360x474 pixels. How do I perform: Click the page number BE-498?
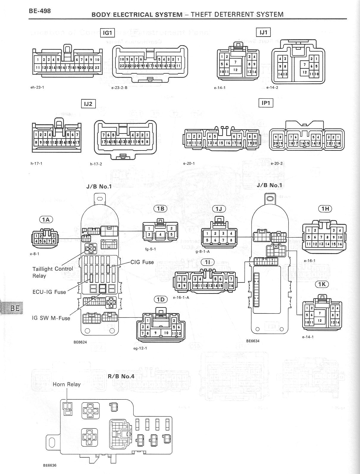click(x=40, y=11)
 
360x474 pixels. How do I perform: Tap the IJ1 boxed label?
click(x=264, y=32)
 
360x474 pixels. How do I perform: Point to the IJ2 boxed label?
click(x=88, y=104)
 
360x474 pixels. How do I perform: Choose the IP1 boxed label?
click(x=266, y=103)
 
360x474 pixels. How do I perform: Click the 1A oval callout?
click(x=46, y=220)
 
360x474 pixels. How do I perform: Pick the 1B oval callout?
click(x=160, y=209)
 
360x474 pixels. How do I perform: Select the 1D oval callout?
click(x=160, y=299)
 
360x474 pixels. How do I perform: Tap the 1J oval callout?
click(x=219, y=209)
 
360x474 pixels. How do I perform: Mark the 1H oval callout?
click(x=325, y=209)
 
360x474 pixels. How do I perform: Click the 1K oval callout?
click(x=322, y=284)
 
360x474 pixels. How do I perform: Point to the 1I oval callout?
click(x=208, y=262)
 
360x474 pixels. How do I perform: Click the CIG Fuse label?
click(x=142, y=262)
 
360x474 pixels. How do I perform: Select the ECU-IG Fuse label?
click(x=49, y=292)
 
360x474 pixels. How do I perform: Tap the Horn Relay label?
click(x=67, y=384)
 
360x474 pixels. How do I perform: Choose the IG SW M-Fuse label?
click(x=51, y=318)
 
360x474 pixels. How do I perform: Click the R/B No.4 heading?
click(x=121, y=376)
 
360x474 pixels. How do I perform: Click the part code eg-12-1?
click(x=140, y=348)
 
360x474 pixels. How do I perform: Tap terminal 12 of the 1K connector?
click(x=320, y=321)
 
